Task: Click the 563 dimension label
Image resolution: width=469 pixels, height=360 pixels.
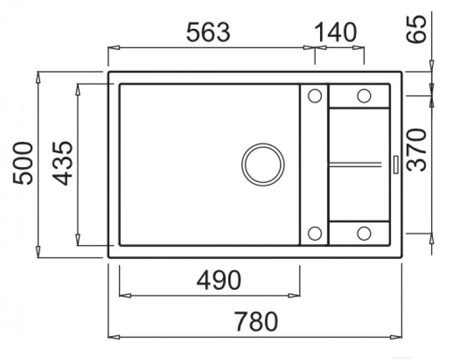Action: pos(208,32)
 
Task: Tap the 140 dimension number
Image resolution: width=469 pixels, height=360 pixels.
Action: pos(336,32)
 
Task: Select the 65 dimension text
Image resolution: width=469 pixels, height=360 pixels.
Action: pos(416,29)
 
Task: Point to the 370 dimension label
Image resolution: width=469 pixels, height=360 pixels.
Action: pos(416,150)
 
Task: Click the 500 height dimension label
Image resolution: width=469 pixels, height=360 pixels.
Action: pos(23,163)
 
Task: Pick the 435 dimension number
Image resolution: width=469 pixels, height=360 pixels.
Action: pos(62,163)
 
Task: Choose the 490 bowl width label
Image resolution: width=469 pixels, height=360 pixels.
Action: pos(219,280)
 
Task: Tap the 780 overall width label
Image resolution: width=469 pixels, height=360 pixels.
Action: pos(256,322)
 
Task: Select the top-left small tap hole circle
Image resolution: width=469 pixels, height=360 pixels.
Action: pos(315,96)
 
